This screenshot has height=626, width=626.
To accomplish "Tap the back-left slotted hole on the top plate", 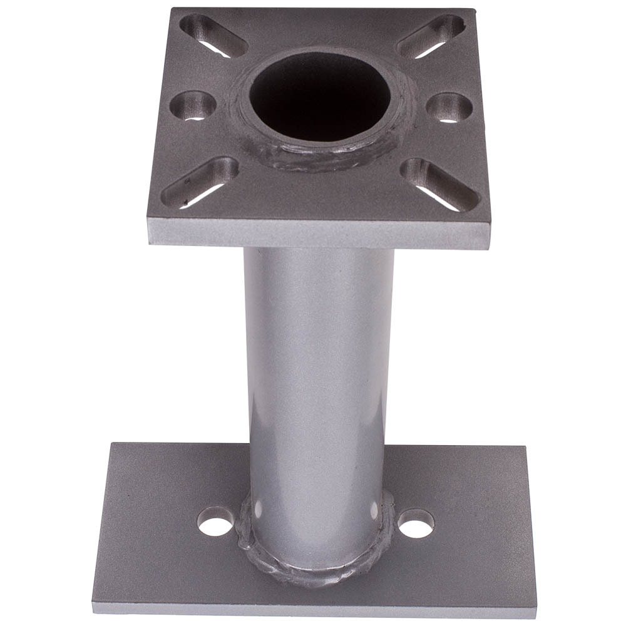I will coord(213,36).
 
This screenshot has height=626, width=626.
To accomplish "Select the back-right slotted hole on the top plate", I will coord(431,36).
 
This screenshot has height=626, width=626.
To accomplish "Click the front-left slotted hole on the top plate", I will coord(200,182).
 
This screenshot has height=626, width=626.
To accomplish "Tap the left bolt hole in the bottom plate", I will coord(215,521).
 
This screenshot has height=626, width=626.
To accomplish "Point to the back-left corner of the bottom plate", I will coord(113,444).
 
